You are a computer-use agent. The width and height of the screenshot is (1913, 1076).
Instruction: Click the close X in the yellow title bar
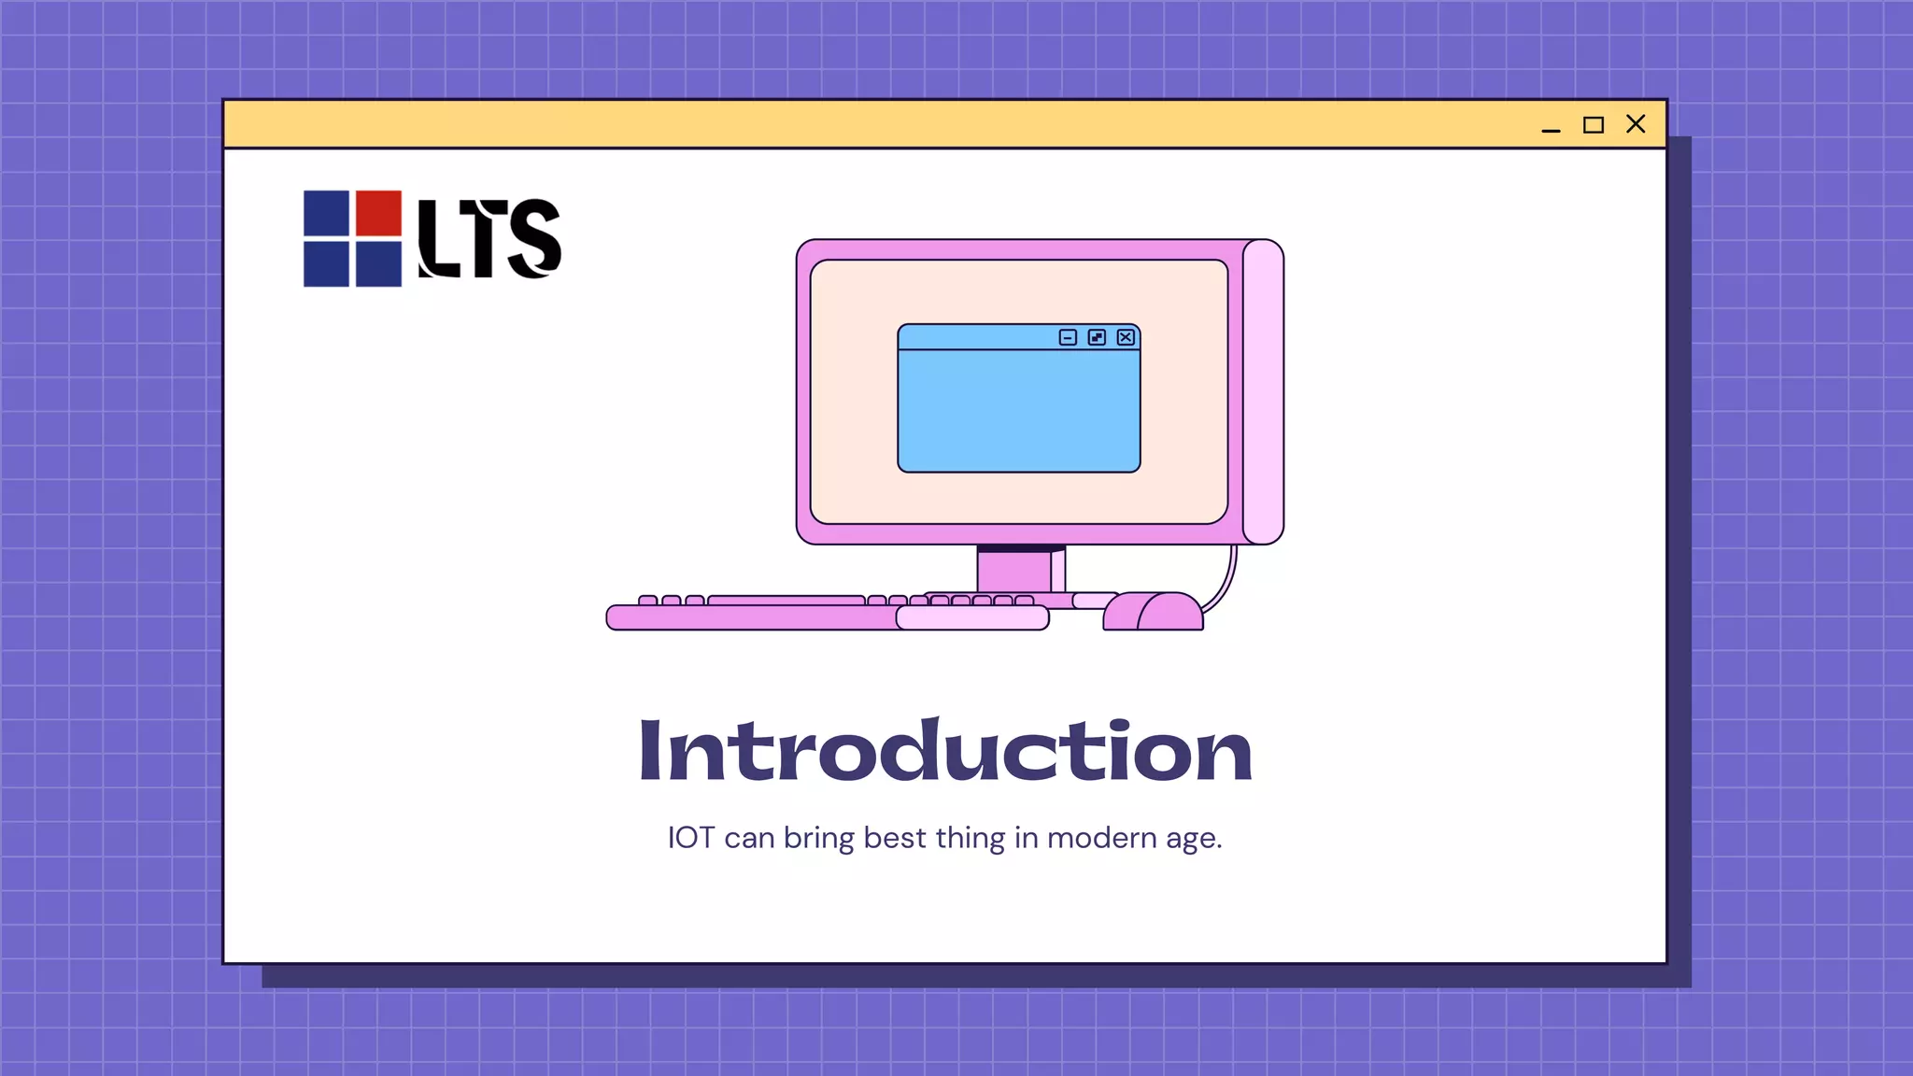1636,124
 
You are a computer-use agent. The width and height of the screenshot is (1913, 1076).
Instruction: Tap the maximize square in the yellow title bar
1594,125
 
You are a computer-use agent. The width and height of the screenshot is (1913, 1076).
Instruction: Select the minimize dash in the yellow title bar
1551,130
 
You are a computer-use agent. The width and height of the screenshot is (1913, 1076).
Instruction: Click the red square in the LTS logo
378,213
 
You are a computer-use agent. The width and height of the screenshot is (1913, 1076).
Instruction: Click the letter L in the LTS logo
437,238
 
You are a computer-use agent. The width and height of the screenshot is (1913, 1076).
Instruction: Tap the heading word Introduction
944,751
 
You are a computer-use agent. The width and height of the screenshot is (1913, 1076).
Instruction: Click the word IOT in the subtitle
690,838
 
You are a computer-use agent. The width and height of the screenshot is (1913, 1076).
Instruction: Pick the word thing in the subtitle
970,838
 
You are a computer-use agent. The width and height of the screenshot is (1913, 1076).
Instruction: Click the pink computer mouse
1155,613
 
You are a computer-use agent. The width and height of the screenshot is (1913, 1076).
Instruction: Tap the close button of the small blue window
1126,337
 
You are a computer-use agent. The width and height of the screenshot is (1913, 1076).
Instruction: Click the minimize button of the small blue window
1068,337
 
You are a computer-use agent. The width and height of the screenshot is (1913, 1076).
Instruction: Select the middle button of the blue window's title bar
1097,337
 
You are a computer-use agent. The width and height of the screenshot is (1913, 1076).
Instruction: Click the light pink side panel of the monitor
1263,392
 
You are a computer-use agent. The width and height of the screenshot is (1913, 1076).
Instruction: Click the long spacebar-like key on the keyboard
786,601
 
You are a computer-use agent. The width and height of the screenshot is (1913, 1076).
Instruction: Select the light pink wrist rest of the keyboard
972,617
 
